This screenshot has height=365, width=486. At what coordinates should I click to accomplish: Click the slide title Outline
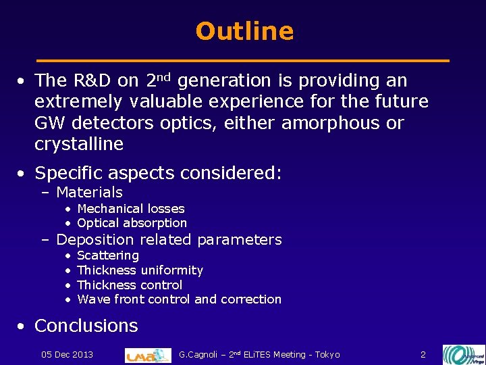(244, 31)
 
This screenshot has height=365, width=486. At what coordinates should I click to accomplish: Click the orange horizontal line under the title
(243, 61)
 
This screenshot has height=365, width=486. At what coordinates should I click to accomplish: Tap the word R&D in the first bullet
(92, 81)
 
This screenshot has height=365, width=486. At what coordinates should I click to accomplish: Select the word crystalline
(79, 144)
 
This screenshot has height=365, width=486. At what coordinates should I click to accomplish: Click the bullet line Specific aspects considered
(157, 173)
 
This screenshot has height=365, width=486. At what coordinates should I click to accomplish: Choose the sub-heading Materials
(89, 193)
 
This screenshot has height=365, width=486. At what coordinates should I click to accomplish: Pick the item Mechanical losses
(130, 209)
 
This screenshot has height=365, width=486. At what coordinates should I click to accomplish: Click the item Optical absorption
(132, 223)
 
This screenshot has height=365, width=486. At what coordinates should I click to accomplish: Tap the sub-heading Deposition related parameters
(169, 239)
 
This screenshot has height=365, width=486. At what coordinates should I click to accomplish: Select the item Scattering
(108, 255)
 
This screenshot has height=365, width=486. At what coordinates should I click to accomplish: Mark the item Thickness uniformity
(140, 270)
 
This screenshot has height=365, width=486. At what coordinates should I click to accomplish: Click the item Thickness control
(130, 285)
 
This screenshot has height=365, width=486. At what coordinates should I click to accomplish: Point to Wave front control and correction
(179, 299)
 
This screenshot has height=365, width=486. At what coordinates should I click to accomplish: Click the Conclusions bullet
(86, 325)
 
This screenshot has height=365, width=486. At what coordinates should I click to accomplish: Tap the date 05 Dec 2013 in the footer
(67, 355)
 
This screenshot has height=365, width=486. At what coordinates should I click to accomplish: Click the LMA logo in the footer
(148, 355)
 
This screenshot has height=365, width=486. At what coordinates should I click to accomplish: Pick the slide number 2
(423, 355)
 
